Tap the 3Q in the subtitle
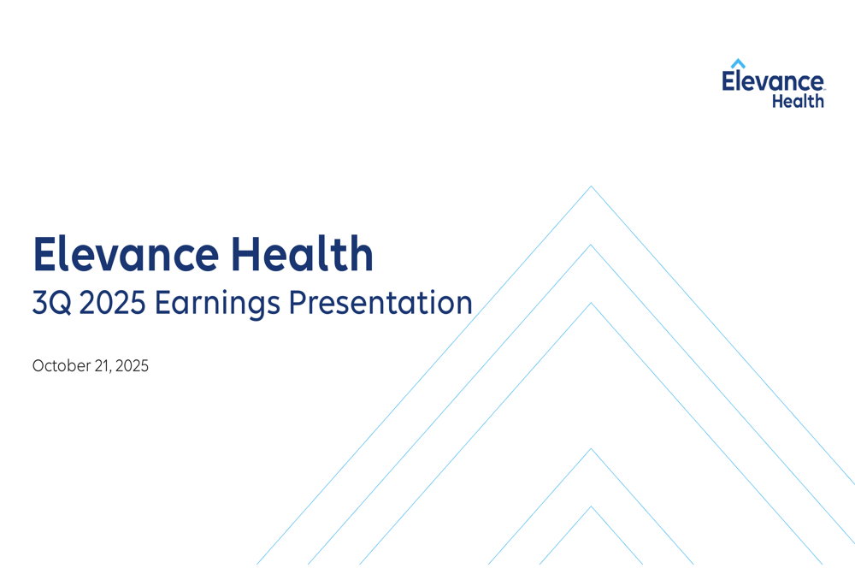tap(52, 304)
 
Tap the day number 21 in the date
tap(107, 366)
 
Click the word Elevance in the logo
tap(773, 82)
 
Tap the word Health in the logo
tap(799, 101)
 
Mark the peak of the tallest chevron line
tap(591, 186)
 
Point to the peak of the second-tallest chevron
tap(591, 245)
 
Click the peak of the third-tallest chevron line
tap(591, 303)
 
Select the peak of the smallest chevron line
tap(591, 506)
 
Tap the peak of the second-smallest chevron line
tap(591, 448)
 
